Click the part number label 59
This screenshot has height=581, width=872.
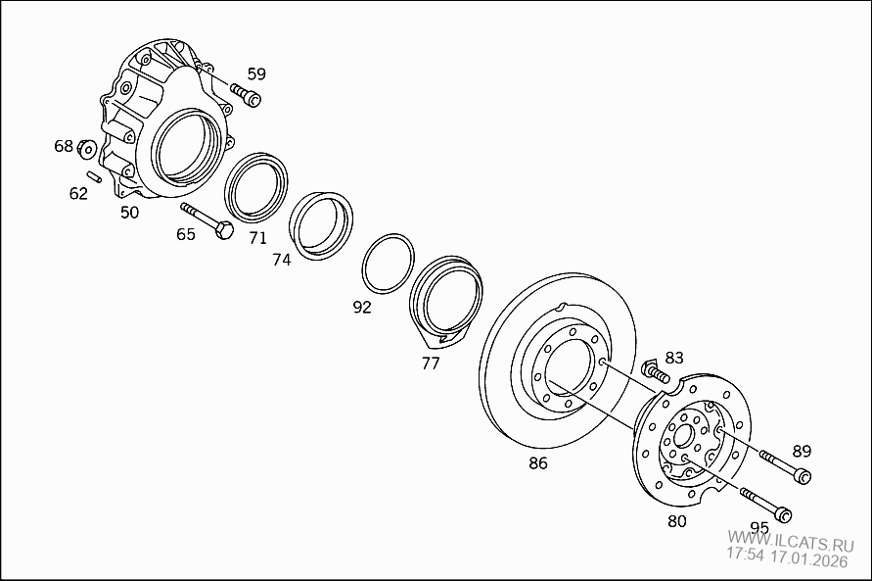coord(255,73)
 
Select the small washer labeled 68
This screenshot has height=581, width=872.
coord(86,149)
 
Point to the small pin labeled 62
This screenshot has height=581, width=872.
coord(95,176)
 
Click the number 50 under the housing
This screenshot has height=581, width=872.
coord(129,211)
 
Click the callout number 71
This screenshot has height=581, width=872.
coord(257,238)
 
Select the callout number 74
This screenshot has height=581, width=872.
coord(282,260)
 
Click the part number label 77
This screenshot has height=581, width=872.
coord(431,363)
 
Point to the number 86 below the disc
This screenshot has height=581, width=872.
coord(538,463)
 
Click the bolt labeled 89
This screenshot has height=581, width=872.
coord(784,466)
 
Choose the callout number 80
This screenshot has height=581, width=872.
coord(676,521)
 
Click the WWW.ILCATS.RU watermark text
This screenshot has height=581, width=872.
coord(785,541)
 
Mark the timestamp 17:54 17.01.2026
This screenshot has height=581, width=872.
coord(786,560)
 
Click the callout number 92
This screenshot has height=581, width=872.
coord(362,307)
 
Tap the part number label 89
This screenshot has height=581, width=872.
coord(802,451)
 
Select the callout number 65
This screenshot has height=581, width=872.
coord(186,234)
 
